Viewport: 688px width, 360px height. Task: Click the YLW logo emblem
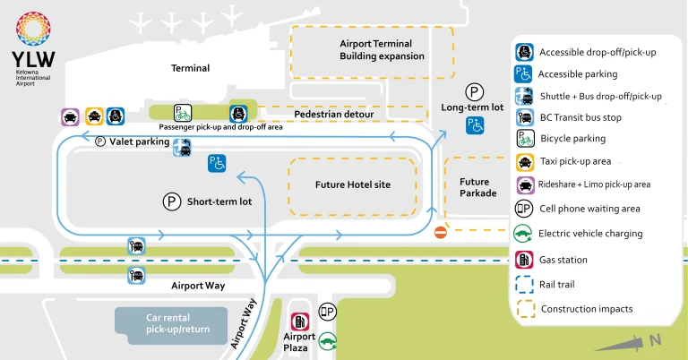33,30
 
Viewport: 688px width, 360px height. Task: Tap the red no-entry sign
440,233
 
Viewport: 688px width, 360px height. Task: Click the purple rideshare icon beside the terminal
70,116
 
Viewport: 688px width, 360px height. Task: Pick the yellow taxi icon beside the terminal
93,116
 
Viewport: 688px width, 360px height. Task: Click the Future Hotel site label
353,185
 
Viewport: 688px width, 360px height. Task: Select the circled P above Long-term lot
473,91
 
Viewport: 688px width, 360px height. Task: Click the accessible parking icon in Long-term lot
474,126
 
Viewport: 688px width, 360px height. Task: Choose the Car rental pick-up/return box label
170,323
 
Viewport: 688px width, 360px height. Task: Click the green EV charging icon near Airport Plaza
328,340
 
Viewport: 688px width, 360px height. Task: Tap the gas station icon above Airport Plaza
300,321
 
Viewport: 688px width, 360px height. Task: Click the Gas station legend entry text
563,260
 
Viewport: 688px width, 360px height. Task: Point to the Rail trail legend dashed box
524,285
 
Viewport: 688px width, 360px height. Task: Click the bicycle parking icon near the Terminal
183,113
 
